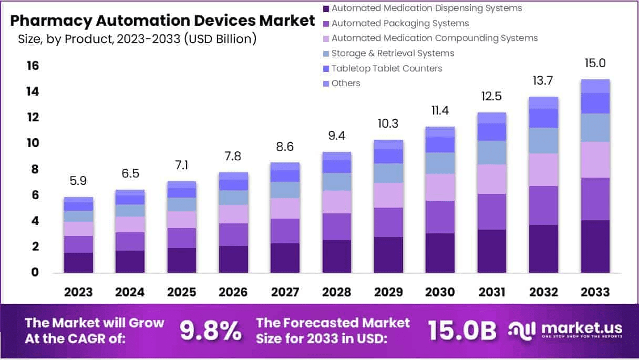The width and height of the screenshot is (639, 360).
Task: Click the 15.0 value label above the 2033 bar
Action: [595, 64]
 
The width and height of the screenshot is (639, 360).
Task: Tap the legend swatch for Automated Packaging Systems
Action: [326, 24]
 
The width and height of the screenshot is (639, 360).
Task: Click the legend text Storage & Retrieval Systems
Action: [393, 53]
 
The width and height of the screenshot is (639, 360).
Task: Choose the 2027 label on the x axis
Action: [285, 292]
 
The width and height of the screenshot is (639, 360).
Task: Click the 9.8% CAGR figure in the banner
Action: [211, 331]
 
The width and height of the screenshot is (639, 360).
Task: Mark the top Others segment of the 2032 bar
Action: [543, 102]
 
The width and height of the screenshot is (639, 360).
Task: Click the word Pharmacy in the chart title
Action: [45, 21]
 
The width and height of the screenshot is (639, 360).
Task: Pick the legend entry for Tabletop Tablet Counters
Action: [387, 68]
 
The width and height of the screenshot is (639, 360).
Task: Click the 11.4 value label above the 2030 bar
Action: [440, 111]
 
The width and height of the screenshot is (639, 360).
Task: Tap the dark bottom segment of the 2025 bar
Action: [182, 260]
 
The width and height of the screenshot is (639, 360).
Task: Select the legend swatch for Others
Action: [326, 84]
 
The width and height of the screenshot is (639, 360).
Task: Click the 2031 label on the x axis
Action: [492, 292]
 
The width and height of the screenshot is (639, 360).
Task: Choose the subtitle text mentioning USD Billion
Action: [137, 38]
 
